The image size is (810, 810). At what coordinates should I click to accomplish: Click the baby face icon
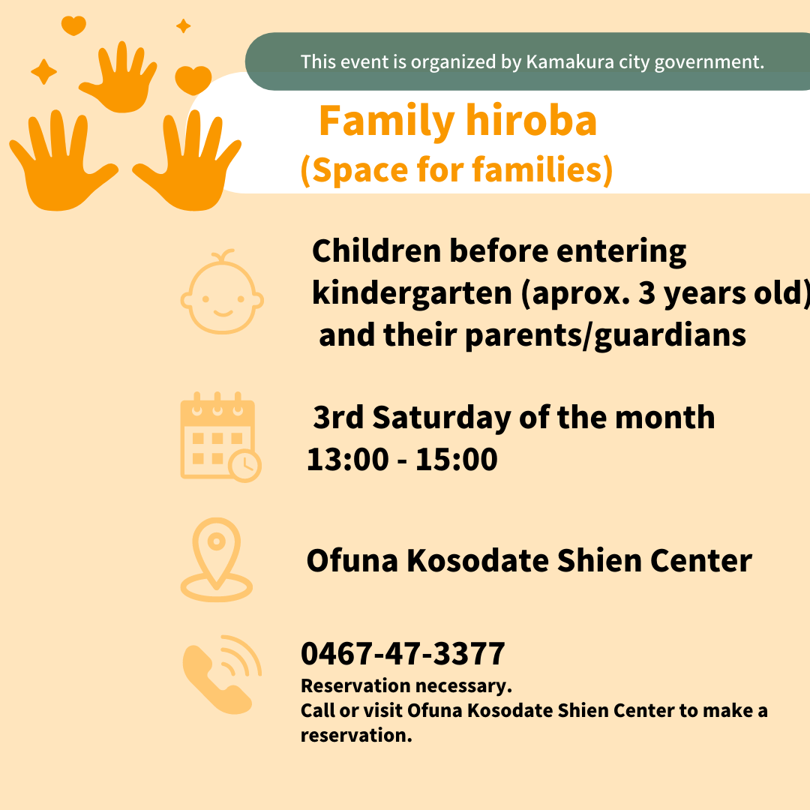click(222, 292)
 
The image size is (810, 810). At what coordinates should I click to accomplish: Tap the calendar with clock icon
click(220, 437)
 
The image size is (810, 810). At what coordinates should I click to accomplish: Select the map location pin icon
click(217, 559)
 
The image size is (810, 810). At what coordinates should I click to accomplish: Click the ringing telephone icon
click(222, 675)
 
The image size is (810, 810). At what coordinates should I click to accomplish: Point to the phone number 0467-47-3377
click(403, 653)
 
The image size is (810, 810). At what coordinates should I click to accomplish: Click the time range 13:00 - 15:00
click(402, 459)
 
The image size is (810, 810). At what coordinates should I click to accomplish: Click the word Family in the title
click(387, 122)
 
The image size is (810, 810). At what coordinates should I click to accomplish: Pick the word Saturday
click(442, 418)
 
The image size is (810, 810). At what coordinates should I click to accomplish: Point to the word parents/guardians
click(605, 336)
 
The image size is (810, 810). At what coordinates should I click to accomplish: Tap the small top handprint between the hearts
click(118, 76)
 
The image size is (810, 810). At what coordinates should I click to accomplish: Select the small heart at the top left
click(73, 25)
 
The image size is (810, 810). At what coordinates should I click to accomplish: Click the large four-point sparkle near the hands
click(44, 71)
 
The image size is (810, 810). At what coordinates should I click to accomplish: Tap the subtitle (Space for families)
click(457, 169)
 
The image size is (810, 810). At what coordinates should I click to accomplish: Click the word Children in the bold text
click(376, 251)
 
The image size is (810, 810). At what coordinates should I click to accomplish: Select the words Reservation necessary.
click(406, 686)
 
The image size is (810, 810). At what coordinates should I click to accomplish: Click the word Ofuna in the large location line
click(352, 560)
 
